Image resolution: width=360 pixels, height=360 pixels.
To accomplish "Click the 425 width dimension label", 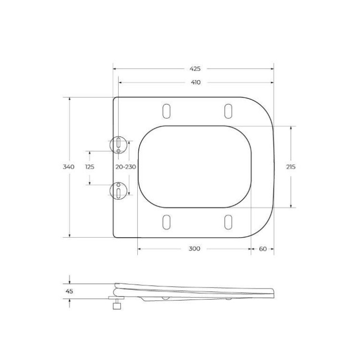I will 194,69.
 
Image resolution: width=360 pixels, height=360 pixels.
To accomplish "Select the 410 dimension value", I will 195,82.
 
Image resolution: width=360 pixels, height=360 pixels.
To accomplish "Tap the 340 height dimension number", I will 69,167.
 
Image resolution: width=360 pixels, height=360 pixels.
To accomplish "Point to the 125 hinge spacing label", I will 89,167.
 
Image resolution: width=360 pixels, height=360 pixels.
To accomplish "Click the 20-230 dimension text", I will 126,167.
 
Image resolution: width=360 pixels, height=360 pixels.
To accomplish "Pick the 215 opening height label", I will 290,167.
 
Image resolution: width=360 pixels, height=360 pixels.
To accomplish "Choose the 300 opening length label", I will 194,249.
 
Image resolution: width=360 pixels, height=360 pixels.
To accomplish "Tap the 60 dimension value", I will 263,249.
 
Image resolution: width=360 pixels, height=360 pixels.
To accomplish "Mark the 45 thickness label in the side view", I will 69,291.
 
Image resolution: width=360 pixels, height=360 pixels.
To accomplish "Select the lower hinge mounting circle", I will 118,191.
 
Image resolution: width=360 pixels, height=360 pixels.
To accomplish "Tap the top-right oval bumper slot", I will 228,110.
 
